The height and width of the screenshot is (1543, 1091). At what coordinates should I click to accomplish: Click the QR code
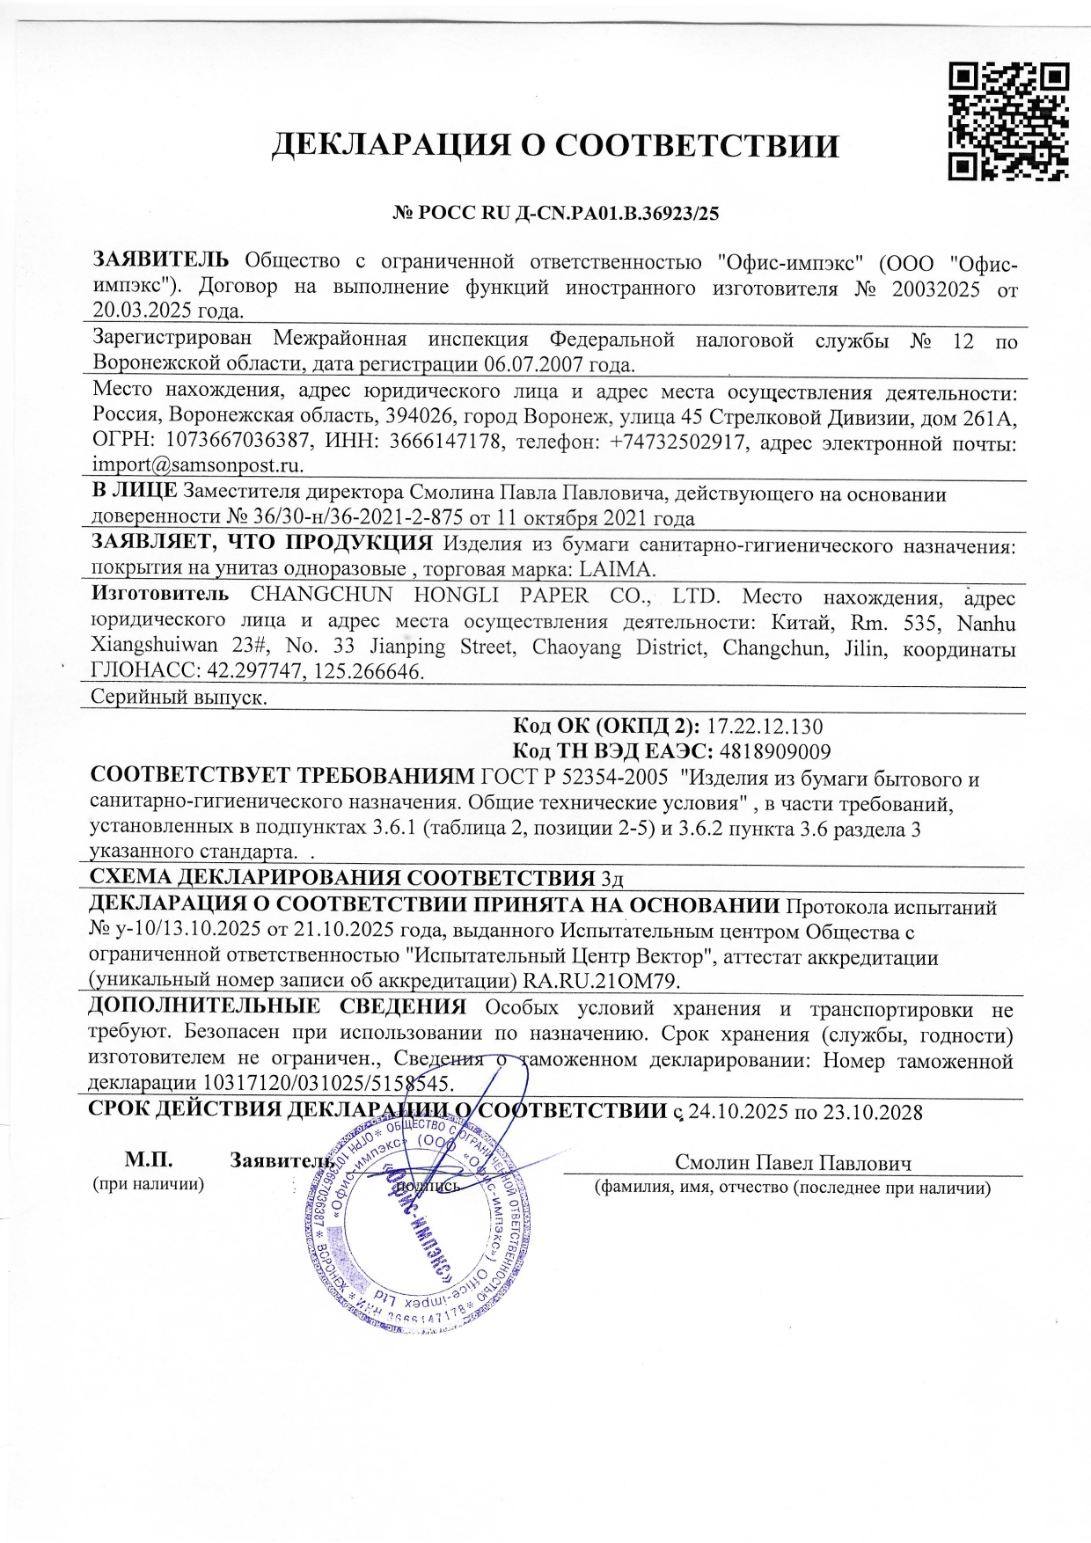pyautogui.click(x=1008, y=121)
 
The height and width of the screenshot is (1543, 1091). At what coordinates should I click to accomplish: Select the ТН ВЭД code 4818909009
pyautogui.click(x=774, y=751)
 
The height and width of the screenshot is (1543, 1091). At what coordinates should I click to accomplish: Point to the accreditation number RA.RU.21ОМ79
pyautogui.click(x=602, y=981)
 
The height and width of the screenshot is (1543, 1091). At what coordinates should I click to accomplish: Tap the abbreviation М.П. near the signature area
pyautogui.click(x=148, y=1160)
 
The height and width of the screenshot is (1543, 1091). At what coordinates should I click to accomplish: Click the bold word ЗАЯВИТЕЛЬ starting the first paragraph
pyautogui.click(x=161, y=260)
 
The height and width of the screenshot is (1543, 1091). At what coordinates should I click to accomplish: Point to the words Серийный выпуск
pyautogui.click(x=179, y=698)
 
